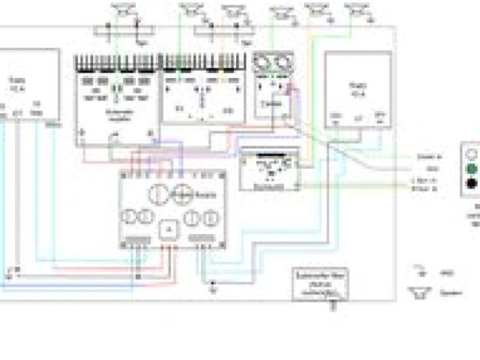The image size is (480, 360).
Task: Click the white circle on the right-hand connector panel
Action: coord(471,152)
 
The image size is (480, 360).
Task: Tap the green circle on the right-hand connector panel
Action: coord(471,168)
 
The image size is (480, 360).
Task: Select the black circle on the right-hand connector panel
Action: coord(471,184)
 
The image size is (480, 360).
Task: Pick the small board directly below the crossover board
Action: coord(268,172)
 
